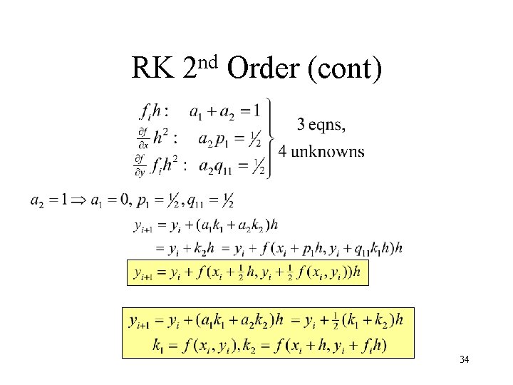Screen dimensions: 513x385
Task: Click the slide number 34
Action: tap(464, 359)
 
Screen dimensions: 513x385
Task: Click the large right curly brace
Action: tap(269, 138)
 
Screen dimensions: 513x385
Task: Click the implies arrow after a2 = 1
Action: tap(79, 200)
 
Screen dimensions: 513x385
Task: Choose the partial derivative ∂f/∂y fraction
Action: tap(140, 166)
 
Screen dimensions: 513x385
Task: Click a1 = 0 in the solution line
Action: tap(109, 200)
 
